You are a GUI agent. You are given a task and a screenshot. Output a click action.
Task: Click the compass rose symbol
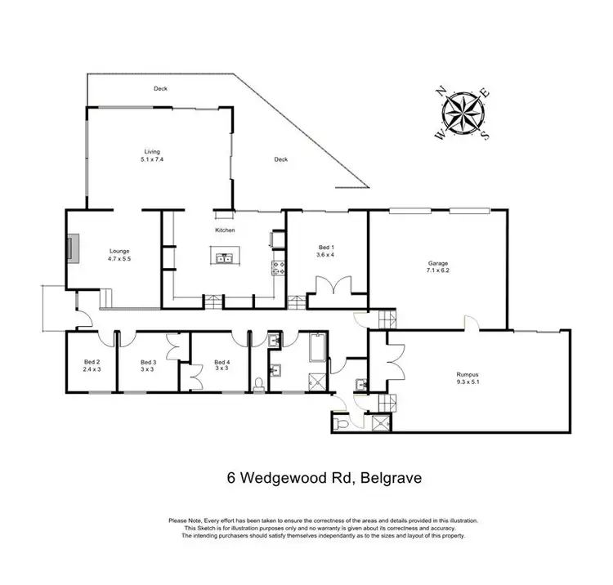463,113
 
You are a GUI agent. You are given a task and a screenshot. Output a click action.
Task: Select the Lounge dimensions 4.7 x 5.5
119,259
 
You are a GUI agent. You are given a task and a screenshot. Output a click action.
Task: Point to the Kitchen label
226,230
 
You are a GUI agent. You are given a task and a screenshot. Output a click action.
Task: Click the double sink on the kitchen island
225,259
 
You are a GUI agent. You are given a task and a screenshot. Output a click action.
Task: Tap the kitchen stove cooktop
278,266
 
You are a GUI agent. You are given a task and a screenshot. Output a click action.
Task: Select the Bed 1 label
326,247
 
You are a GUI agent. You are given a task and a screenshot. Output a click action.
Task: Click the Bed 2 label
92,362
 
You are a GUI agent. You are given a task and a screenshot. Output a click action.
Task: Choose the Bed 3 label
148,362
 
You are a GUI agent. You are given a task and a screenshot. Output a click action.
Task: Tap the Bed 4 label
221,362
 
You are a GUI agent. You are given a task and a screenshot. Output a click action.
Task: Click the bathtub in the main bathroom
316,351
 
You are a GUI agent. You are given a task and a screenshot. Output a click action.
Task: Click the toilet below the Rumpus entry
342,423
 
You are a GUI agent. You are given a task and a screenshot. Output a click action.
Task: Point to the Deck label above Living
160,88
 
